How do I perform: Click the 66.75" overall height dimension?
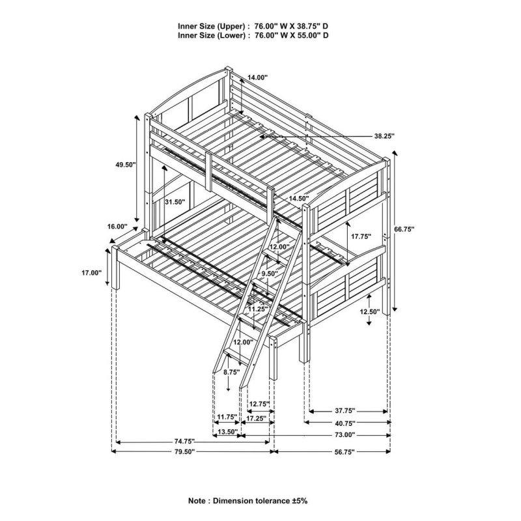tap(404, 229)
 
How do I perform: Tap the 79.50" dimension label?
tap(184, 451)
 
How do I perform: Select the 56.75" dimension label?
tap(345, 451)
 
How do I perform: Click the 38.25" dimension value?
tap(384, 135)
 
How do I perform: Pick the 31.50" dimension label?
tap(175, 202)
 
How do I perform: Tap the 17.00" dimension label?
tap(91, 273)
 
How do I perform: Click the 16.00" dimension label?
tap(117, 226)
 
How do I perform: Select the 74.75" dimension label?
tap(184, 442)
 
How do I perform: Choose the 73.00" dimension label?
tap(345, 434)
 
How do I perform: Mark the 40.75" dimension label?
tap(345, 423)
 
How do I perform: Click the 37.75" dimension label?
tap(345, 411)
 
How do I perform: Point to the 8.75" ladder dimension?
tap(232, 372)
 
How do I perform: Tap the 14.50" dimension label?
tap(299, 198)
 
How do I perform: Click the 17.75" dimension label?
tap(361, 236)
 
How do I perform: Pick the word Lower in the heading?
tap(231, 35)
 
